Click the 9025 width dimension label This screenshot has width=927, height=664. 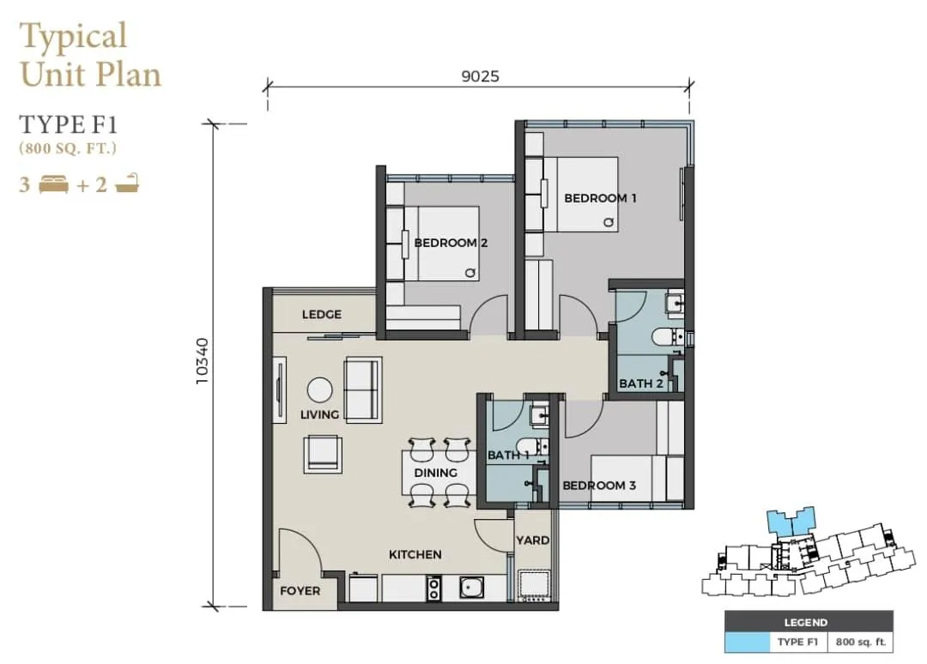tap(480, 76)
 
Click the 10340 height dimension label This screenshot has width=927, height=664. tap(203, 361)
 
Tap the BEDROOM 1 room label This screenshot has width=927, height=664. tap(600, 198)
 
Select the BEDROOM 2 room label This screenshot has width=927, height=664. tap(451, 243)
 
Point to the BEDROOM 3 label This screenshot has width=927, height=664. tap(599, 486)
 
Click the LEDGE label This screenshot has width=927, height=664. tap(322, 314)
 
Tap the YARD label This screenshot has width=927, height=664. tap(533, 540)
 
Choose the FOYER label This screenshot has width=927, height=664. tap(300, 591)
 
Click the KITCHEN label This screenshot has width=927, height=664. tap(415, 554)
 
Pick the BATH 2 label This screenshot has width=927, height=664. tap(641, 383)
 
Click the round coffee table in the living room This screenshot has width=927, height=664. tap(320, 390)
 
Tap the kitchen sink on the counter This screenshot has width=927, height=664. tap(471, 587)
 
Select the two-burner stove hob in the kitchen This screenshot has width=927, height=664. tap(434, 588)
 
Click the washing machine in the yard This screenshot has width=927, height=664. tap(534, 586)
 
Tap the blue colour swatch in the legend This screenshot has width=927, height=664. tap(748, 643)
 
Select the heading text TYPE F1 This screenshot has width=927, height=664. tap(69, 124)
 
